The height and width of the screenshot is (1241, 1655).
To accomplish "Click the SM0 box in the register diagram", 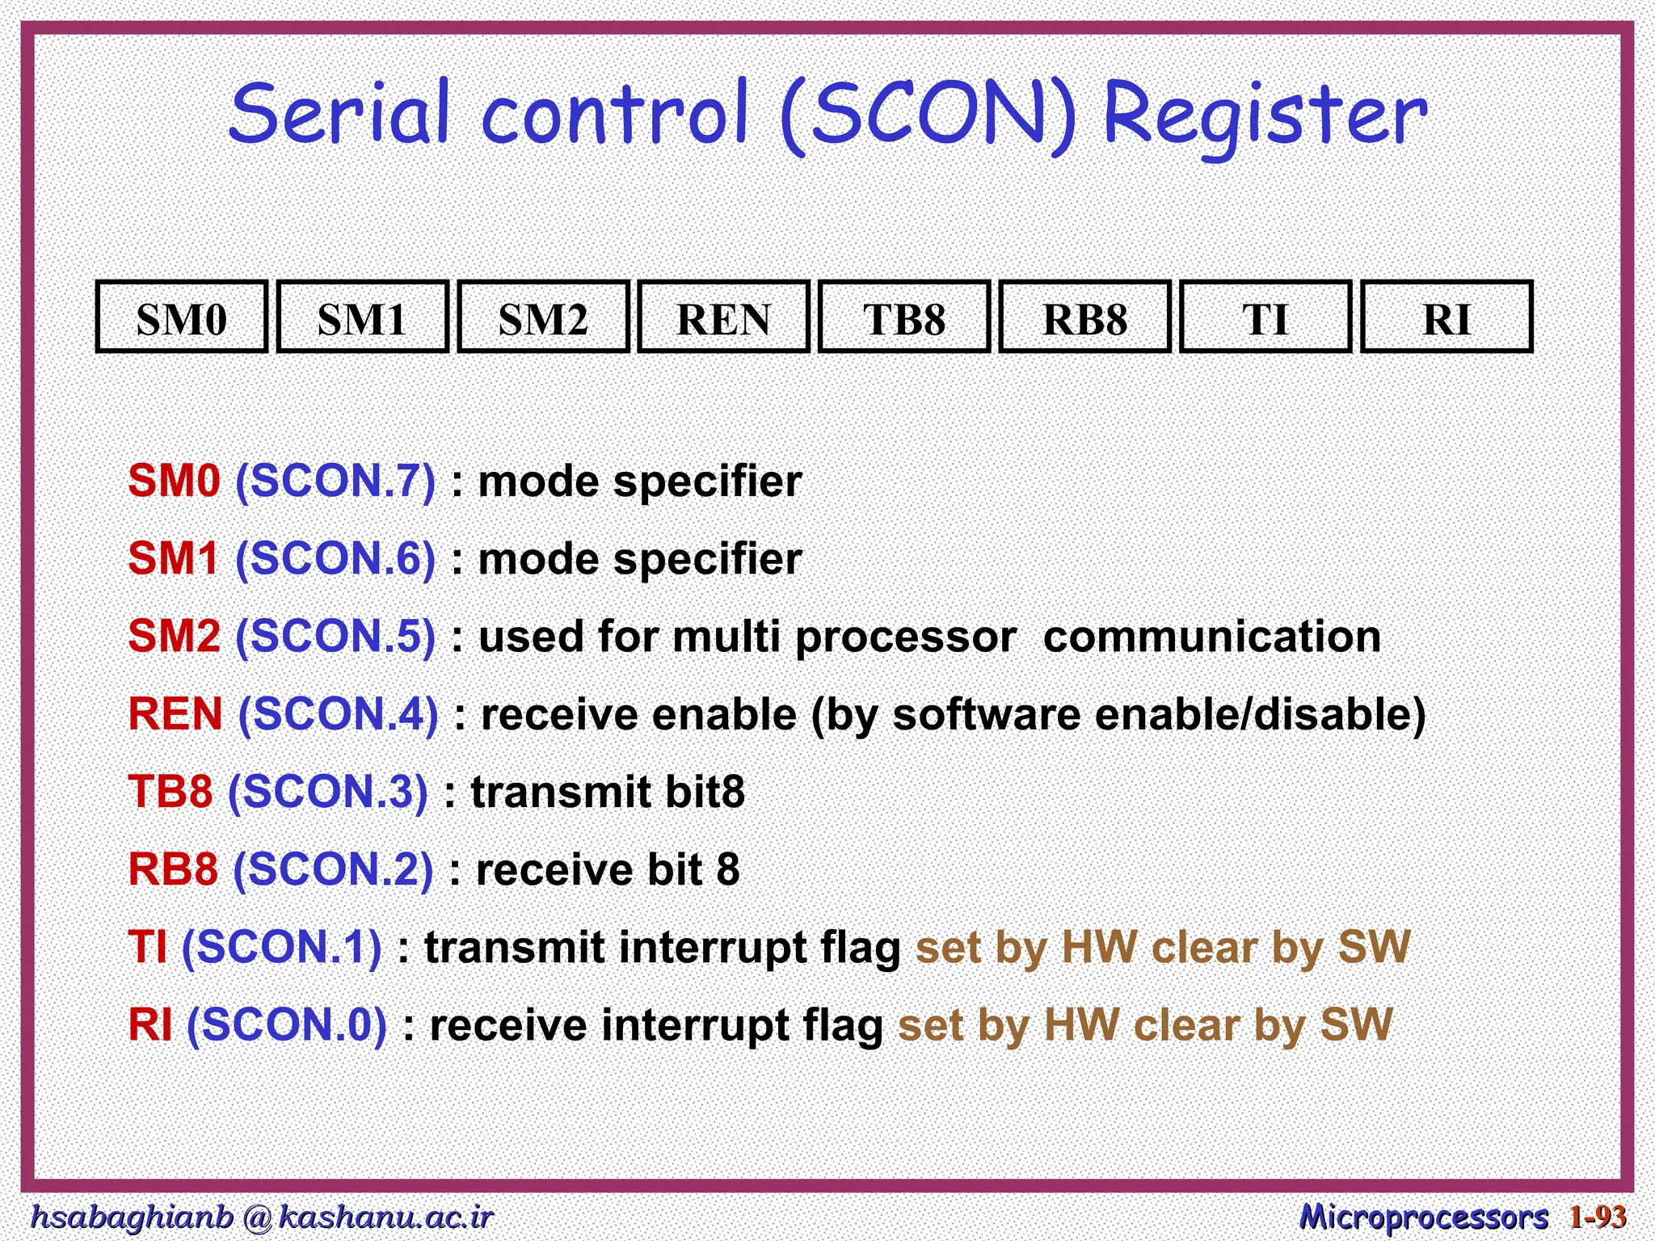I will tap(181, 318).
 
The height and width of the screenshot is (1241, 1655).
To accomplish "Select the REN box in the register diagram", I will tap(723, 318).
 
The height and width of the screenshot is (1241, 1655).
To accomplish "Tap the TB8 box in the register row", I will tap(904, 318).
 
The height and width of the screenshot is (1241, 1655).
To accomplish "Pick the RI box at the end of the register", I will tap(1447, 318).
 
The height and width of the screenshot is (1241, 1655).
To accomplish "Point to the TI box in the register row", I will tap(1265, 318).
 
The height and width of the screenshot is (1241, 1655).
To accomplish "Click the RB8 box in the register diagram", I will tap(1085, 318).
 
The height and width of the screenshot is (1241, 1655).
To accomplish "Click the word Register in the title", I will tap(1265, 117).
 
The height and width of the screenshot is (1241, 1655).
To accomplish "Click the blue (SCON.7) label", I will tap(335, 482).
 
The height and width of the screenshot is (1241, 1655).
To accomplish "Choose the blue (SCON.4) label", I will tap(338, 715).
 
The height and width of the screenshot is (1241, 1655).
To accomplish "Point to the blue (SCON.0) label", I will tap(287, 1025).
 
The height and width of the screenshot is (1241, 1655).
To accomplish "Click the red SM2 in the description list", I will tap(174, 637).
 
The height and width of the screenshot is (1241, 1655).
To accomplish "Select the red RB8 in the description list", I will tap(173, 870).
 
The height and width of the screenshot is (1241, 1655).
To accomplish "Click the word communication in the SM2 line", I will tap(1211, 637).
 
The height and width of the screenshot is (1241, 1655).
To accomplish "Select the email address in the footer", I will tap(260, 1217).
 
